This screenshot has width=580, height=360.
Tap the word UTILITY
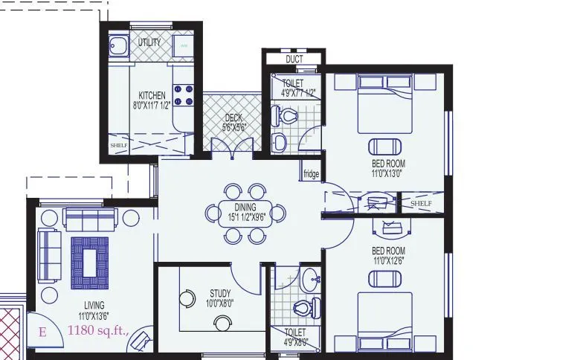pos(149,42)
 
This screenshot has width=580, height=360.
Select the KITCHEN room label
pos(152,96)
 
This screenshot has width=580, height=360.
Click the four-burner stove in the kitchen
pos(184,94)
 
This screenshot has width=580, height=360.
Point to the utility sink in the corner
pos(117,47)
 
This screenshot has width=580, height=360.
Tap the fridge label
pos(311,175)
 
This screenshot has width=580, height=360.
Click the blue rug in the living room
pos(90,261)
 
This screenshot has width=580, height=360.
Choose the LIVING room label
pos(94,305)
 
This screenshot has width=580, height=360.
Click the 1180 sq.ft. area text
pos(99,330)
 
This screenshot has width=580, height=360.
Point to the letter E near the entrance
pos(42,332)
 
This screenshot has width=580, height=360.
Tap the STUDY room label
pos(220,293)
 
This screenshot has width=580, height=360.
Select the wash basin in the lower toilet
pos(312,280)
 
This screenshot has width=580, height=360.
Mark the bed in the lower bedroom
pos(385,321)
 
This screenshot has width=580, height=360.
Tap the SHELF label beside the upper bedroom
pos(421,203)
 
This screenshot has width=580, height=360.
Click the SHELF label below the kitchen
pos(118,145)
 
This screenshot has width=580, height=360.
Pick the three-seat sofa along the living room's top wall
pos(91,219)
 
